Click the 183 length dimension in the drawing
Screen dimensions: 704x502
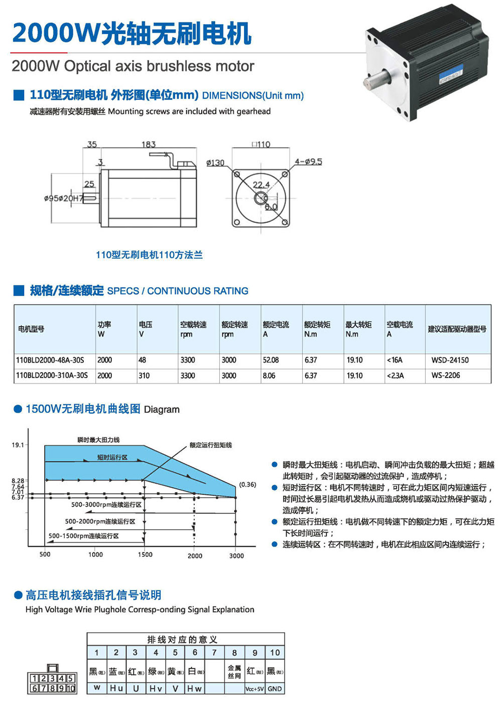(x=149, y=144)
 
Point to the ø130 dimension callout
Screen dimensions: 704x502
(x=215, y=163)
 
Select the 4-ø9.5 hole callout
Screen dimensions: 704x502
(x=308, y=162)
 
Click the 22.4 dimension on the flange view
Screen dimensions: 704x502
(x=261, y=185)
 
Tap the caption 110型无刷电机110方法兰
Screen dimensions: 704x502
(x=149, y=255)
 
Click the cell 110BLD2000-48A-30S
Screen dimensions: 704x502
(x=50, y=360)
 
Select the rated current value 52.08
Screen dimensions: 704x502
(x=271, y=360)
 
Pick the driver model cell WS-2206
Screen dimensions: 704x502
(x=446, y=375)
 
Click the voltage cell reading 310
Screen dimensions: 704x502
(x=144, y=376)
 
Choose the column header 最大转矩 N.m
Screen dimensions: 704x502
(x=358, y=329)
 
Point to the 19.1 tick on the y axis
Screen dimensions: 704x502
(x=18, y=445)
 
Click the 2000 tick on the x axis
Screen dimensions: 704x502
(x=195, y=556)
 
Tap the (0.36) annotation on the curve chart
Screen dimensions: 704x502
(x=247, y=485)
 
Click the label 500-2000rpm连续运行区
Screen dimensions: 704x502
(x=100, y=521)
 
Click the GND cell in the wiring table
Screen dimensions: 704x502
(x=275, y=689)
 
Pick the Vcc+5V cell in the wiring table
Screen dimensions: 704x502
(x=255, y=689)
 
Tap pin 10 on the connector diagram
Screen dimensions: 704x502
(x=71, y=688)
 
